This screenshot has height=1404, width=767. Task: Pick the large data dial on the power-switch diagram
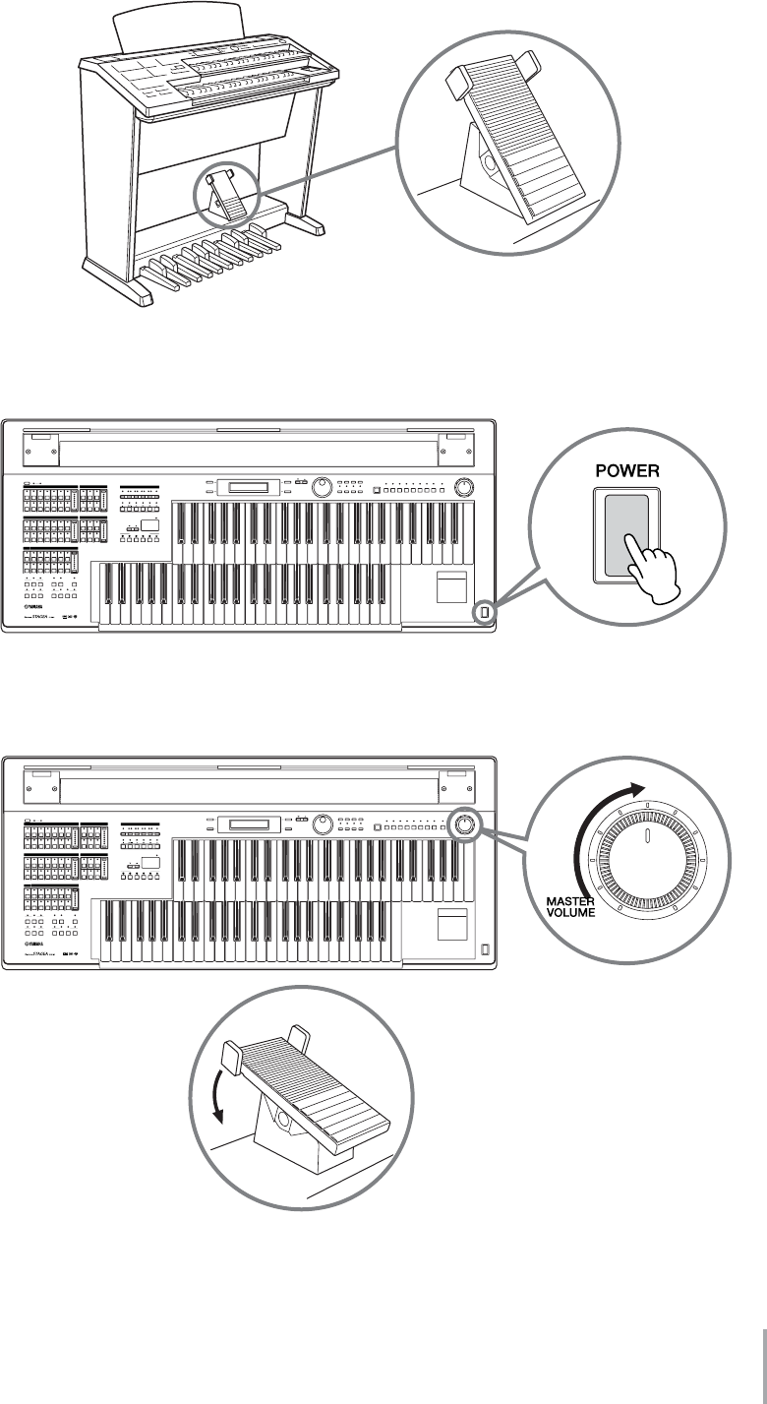[321, 487]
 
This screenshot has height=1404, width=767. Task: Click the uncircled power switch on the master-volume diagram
[483, 948]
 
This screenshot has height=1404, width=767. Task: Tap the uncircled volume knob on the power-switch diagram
[464, 487]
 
